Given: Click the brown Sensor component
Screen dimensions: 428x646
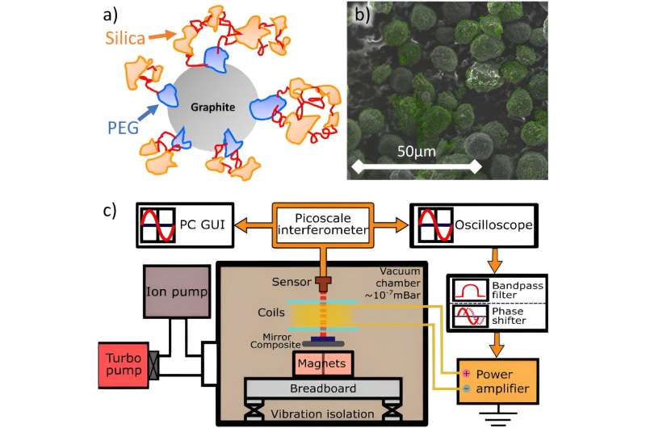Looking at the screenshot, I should pos(324,282).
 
